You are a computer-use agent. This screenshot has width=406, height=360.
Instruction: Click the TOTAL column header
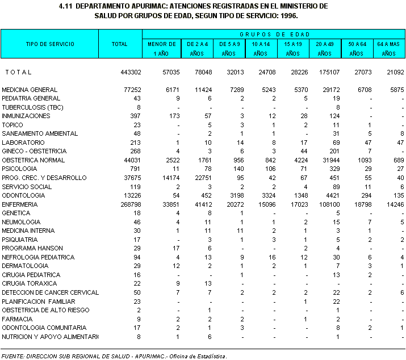tap(120, 44)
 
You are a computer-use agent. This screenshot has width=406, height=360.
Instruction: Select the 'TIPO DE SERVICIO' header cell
tap(50, 44)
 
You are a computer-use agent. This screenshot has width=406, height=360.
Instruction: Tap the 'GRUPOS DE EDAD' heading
tap(274, 34)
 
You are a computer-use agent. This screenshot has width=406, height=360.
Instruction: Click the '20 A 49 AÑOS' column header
tap(324, 48)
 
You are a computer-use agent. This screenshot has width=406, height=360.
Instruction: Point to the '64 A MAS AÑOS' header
tap(389, 48)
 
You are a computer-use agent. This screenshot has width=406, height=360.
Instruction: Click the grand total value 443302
tap(131, 72)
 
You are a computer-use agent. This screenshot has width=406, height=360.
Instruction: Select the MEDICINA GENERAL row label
tap(30, 90)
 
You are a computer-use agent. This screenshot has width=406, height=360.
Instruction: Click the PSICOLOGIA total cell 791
tap(135, 169)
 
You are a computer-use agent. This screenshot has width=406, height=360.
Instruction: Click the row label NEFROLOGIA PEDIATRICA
tap(38, 257)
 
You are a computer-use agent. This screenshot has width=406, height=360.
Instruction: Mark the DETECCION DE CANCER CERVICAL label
tap(51, 292)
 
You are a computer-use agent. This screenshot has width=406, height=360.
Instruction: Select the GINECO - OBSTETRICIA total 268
tap(135, 151)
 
